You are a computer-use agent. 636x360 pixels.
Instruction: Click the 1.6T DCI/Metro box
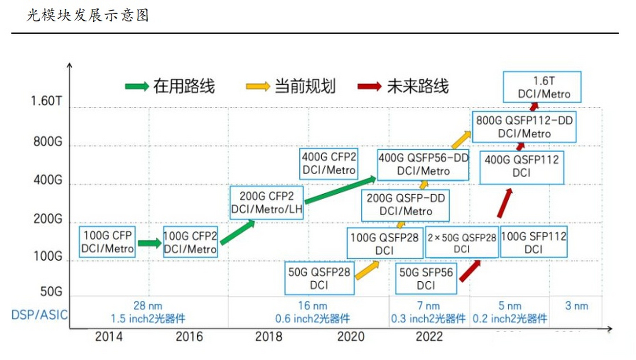point(542,87)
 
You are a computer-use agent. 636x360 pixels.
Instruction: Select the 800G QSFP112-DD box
point(524,127)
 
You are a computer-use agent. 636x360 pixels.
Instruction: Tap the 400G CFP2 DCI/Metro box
point(329,164)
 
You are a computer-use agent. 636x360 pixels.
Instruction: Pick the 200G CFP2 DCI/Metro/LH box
point(267,203)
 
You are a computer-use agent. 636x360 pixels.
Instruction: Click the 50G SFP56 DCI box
point(426,279)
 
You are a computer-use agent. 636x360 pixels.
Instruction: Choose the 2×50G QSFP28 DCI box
point(462,242)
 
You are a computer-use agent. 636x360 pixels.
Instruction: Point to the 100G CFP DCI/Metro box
point(107,242)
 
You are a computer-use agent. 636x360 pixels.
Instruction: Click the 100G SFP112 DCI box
point(534,242)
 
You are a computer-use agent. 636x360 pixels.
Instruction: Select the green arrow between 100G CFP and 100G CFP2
point(149,243)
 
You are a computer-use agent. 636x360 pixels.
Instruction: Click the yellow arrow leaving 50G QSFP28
point(367,270)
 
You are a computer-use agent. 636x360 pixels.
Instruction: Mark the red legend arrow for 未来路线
point(369,86)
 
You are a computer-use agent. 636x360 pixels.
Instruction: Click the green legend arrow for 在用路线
point(137,86)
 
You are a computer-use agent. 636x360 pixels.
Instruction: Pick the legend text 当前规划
point(305,86)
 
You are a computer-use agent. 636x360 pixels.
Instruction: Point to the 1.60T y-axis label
point(46,101)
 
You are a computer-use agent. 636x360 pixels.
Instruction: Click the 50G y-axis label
point(51,291)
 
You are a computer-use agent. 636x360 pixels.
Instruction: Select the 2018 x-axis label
point(268,336)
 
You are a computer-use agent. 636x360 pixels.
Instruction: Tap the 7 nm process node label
point(428,306)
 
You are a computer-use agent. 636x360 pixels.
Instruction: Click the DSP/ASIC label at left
point(39,315)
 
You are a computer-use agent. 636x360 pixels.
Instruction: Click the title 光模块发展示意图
point(88,15)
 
